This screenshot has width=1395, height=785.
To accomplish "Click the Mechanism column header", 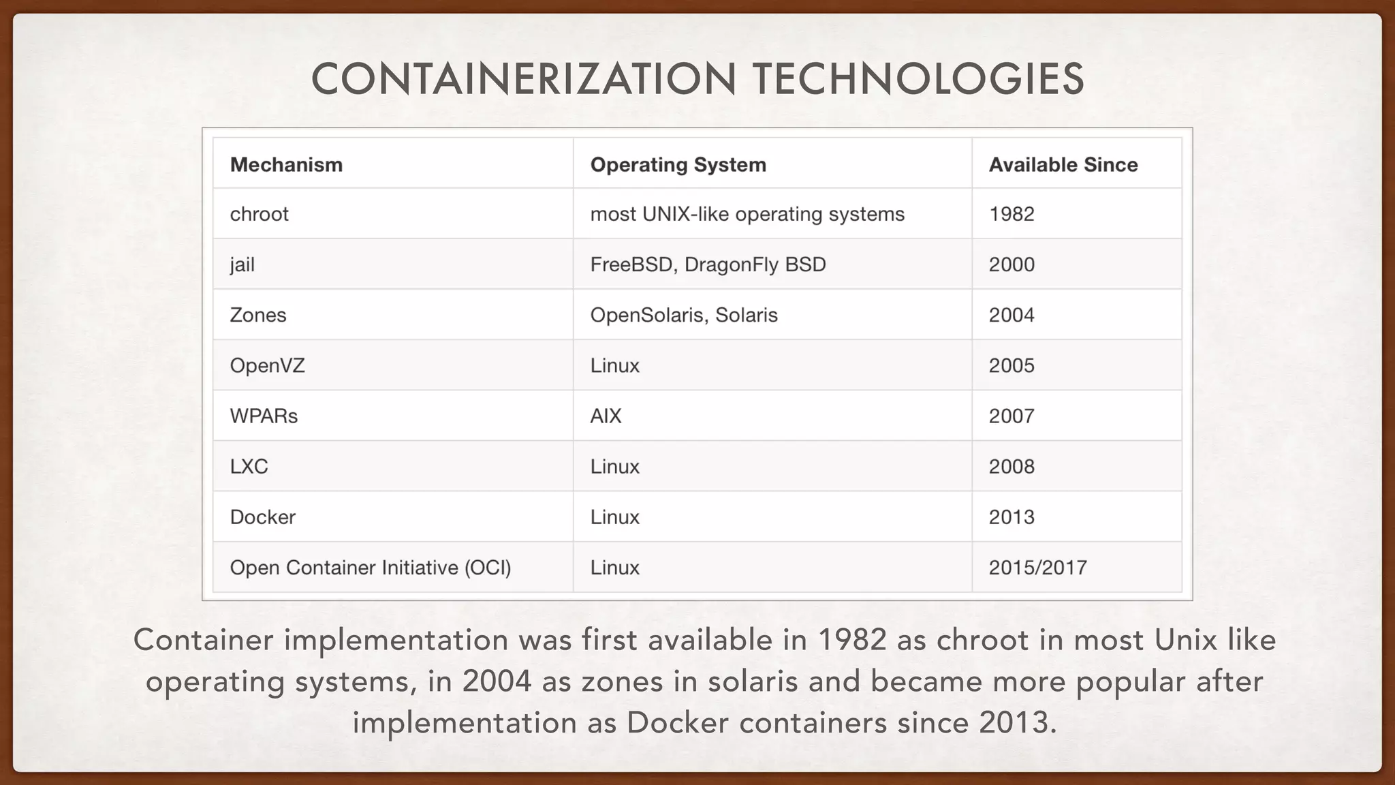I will [286, 165].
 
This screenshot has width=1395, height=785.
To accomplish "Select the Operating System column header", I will [678, 165].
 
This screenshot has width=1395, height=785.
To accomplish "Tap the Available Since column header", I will [1063, 165].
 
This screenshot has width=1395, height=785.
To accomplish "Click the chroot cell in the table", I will [259, 215].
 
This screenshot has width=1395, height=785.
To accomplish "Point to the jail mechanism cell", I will [242, 265].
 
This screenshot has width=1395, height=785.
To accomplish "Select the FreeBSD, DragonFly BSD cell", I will [708, 265].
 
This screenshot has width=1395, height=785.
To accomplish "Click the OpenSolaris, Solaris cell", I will [684, 315].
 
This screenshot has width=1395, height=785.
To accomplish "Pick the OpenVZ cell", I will [267, 366].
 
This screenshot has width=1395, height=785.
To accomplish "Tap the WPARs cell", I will [264, 416].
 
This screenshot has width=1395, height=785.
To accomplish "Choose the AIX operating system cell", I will [606, 416].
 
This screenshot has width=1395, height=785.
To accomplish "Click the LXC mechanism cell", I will [249, 467].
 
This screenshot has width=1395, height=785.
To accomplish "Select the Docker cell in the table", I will [262, 517].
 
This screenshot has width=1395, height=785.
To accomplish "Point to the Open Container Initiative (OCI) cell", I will [370, 568].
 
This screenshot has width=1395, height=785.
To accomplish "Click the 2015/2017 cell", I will [1037, 568].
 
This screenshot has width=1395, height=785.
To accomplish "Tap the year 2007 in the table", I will [1012, 416].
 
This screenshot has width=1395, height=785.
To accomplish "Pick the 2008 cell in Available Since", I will [1012, 467].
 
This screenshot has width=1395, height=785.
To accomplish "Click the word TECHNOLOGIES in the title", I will [918, 79].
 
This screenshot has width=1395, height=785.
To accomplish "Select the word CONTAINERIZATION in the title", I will [523, 79].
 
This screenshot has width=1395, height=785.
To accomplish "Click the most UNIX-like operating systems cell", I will [747, 215].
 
